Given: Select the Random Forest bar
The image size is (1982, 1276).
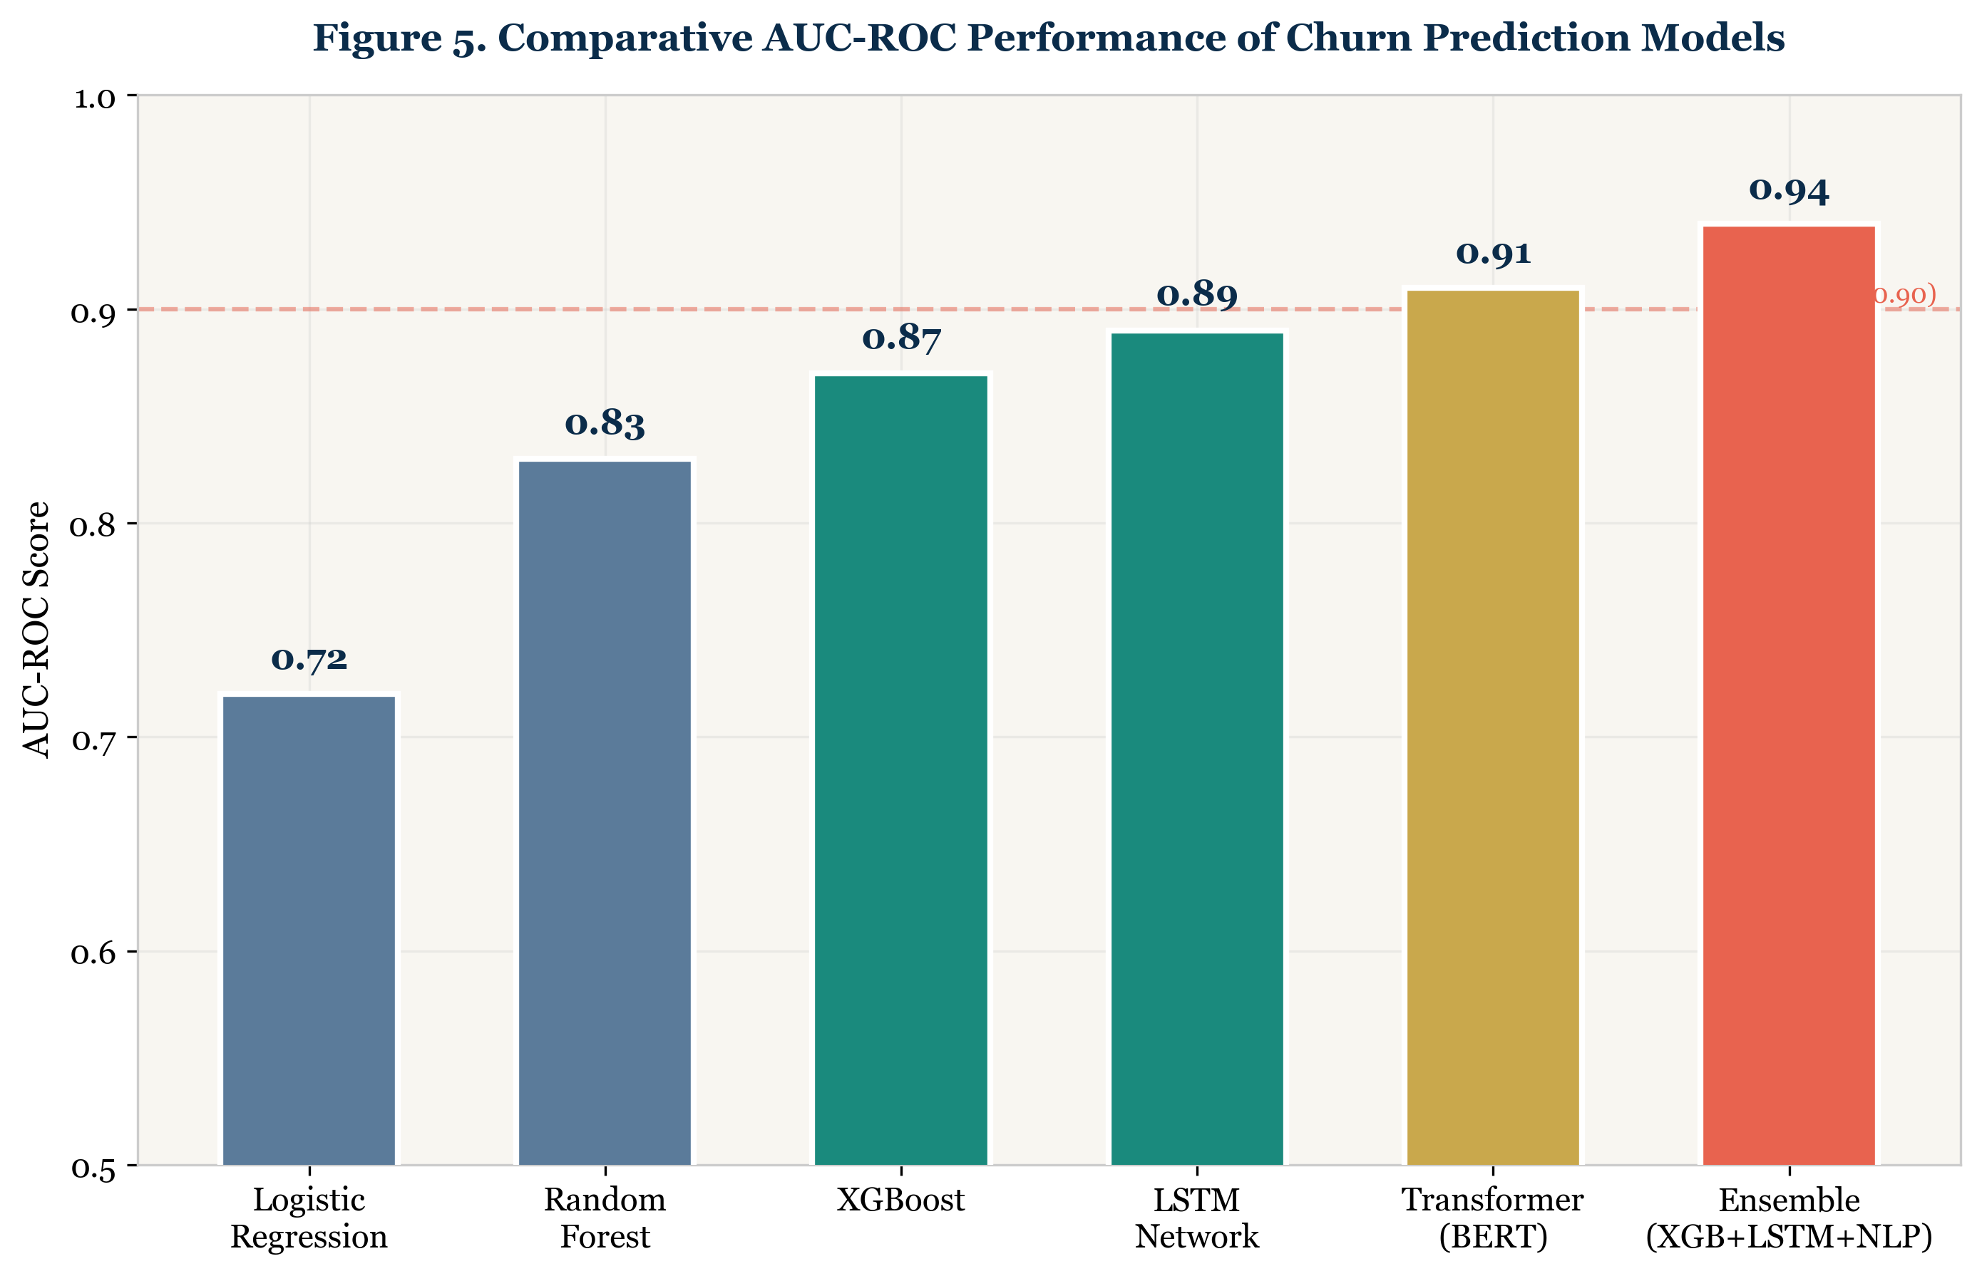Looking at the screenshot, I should (x=605, y=812).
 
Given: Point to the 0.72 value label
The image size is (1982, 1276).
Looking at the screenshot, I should (x=309, y=660).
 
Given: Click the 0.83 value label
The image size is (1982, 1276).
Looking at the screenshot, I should (x=605, y=424).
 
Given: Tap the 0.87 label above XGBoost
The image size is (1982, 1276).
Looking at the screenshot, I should (x=901, y=338).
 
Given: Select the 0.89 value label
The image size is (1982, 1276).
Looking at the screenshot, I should (x=1197, y=295).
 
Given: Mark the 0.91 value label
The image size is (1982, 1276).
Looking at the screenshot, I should (x=1493, y=254).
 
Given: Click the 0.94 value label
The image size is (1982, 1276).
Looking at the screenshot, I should (x=1789, y=190).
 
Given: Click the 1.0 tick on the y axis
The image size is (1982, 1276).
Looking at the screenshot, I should (x=95, y=98).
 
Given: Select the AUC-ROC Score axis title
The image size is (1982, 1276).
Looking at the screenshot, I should (x=36, y=630).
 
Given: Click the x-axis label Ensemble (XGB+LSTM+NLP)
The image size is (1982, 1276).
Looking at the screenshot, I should (x=1789, y=1218).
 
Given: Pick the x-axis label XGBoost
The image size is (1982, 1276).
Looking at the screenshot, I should (x=901, y=1200).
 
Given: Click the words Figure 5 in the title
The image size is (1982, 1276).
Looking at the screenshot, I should (x=398, y=38).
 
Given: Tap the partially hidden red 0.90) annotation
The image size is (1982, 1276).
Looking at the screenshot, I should (x=1905, y=295).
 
